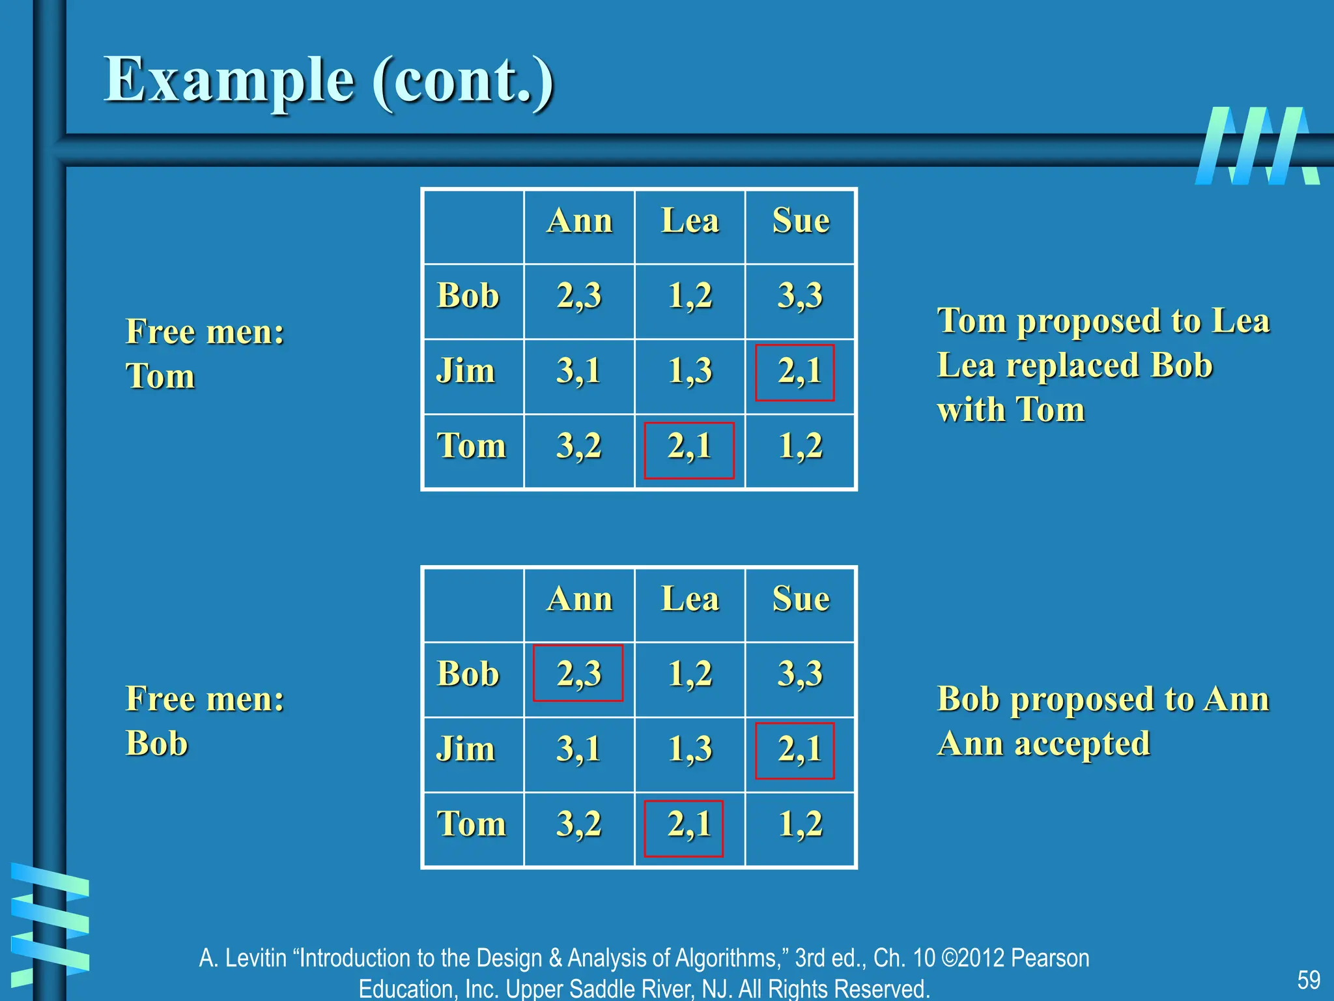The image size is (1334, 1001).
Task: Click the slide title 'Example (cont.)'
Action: [329, 81]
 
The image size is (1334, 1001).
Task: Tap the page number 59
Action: [1308, 979]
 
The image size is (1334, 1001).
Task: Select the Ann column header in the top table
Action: [579, 221]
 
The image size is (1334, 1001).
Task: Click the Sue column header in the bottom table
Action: [801, 599]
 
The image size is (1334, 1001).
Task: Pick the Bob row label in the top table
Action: [468, 296]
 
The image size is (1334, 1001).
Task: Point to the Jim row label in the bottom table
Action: [465, 749]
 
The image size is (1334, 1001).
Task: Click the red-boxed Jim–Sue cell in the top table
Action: [795, 372]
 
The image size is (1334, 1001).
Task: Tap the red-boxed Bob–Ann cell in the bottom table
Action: [578, 673]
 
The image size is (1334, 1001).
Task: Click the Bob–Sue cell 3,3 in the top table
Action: [800, 296]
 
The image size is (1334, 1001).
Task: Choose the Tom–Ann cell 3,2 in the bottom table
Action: [578, 824]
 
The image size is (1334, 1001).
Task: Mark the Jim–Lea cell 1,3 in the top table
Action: [690, 371]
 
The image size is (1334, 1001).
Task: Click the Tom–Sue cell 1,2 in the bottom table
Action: [801, 824]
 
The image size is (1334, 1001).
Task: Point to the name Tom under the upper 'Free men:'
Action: [160, 376]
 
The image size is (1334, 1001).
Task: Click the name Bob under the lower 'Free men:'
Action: [157, 744]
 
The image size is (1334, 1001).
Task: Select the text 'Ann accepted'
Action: [1043, 744]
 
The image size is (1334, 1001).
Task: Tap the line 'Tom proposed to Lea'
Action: [1103, 321]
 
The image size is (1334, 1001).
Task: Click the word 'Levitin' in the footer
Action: [256, 958]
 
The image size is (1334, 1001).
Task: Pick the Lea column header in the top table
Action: [690, 221]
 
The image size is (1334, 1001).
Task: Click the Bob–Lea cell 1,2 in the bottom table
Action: [690, 674]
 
